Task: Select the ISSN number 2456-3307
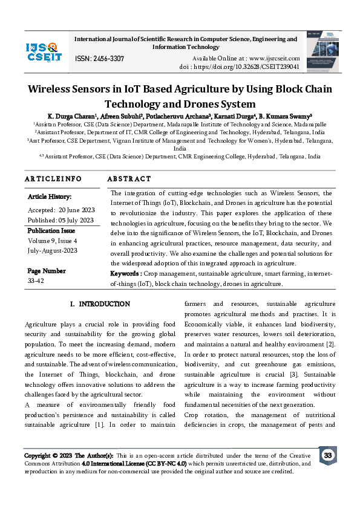coord(99,59)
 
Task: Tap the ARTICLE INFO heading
coord(53,179)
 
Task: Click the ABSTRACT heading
coord(129,179)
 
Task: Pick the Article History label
coord(50,197)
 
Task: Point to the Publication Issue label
coord(51,230)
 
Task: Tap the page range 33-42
coord(36,280)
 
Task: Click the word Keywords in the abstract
coord(126,274)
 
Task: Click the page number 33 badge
coord(327,455)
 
